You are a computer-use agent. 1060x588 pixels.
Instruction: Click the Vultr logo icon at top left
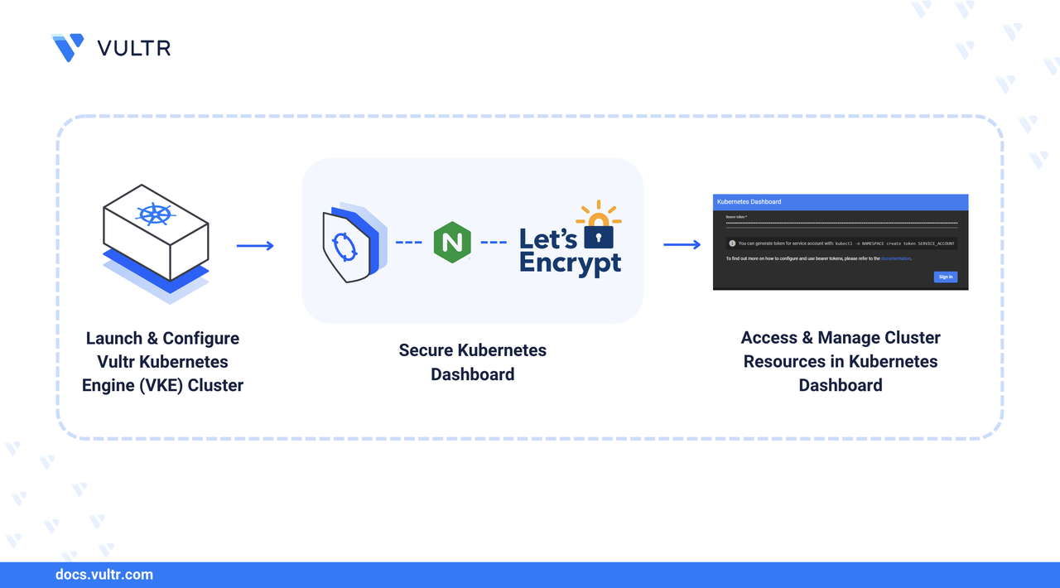(x=68, y=47)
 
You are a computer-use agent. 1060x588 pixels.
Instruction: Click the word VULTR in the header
(x=134, y=48)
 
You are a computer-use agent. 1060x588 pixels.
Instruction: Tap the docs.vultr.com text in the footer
(x=104, y=574)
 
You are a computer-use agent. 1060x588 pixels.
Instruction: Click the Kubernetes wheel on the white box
(x=155, y=214)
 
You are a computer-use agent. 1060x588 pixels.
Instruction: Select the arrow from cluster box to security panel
(x=255, y=245)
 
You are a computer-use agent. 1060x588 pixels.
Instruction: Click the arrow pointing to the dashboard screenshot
(x=682, y=244)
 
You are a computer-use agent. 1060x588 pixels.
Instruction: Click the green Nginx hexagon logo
(x=452, y=243)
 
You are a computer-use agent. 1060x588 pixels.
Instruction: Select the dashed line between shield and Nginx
(x=409, y=243)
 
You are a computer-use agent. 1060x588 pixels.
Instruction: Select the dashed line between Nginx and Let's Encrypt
(x=494, y=243)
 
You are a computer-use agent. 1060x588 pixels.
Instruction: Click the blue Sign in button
(x=945, y=277)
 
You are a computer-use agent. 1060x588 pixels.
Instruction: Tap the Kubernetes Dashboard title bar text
(x=749, y=201)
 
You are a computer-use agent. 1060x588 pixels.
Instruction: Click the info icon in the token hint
(x=732, y=243)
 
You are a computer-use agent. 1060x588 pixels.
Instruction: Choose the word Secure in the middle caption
(x=426, y=349)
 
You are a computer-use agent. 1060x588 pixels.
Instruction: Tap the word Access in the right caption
(x=769, y=338)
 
